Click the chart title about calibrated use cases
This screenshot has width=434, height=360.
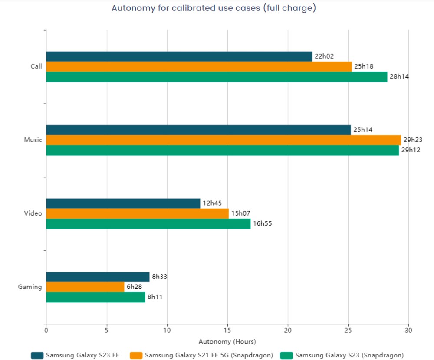click(214, 8)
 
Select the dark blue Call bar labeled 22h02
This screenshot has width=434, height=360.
click(179, 56)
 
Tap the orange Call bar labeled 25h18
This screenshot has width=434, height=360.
click(199, 66)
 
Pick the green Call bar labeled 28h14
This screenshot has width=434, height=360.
click(217, 77)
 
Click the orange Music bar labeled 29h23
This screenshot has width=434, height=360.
click(224, 140)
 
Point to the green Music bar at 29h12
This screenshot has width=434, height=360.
click(222, 150)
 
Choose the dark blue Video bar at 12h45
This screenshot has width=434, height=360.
click(123, 203)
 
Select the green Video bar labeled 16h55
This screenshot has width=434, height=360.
click(148, 224)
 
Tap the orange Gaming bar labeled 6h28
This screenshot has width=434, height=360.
click(85, 287)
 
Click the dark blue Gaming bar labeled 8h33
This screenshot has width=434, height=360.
click(98, 277)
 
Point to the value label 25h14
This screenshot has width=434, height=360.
click(363, 130)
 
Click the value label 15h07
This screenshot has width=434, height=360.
click(240, 213)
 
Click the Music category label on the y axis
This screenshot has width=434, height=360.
click(33, 140)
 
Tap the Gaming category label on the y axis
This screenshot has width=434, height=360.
click(30, 287)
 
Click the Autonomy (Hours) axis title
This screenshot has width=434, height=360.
click(227, 341)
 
